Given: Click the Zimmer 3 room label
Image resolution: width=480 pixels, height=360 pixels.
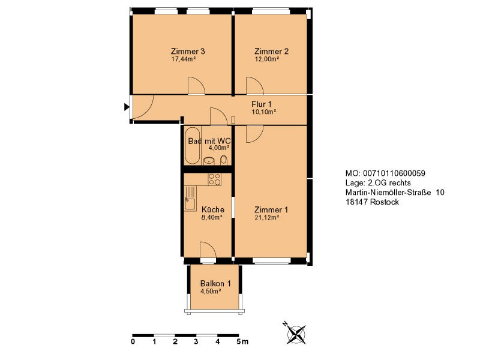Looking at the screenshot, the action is (x=188, y=51).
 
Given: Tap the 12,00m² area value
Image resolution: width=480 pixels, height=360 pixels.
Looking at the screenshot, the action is (x=266, y=59).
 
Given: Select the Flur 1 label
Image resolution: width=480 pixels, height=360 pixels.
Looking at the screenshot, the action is (x=262, y=104).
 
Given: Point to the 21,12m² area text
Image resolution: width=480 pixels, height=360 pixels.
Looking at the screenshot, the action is (x=266, y=218).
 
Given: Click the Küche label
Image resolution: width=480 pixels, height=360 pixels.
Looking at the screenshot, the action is (x=213, y=209).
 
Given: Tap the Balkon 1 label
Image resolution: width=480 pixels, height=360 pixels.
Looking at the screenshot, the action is (x=215, y=284).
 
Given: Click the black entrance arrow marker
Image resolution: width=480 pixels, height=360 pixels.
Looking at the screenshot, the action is (x=127, y=107).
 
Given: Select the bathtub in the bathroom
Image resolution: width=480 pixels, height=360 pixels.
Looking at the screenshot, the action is (x=193, y=146).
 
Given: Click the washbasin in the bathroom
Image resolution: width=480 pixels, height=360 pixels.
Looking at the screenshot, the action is (x=209, y=160).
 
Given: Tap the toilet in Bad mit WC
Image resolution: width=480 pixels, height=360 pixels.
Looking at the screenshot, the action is (x=224, y=160).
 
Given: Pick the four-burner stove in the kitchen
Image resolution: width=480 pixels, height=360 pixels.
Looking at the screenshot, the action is (x=214, y=179).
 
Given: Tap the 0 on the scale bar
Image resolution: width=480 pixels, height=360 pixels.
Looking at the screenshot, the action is (x=133, y=341).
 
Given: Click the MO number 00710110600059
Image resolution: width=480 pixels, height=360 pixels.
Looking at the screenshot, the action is (x=394, y=173).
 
